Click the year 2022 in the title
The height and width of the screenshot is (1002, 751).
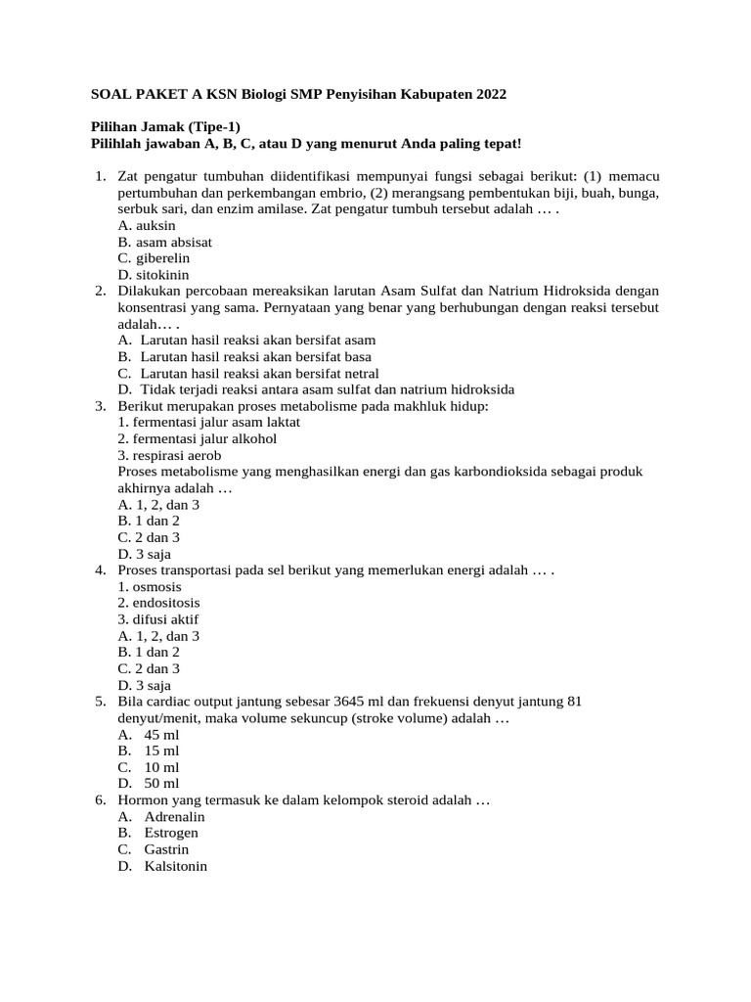[492, 94]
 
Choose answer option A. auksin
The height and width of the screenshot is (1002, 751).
[146, 225]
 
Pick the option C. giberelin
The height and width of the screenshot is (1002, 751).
[153, 258]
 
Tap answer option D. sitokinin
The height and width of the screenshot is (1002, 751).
[154, 275]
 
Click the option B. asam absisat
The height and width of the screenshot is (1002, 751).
[164, 242]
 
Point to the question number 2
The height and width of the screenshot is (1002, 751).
[101, 291]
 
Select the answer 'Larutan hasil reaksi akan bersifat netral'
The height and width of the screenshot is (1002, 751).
[259, 373]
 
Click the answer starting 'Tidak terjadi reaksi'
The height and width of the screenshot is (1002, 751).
[327, 389]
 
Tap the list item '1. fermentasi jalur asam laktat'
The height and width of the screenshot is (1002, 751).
[208, 422]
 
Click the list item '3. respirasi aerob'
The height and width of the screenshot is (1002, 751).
[169, 455]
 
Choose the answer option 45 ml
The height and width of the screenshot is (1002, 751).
[161, 734]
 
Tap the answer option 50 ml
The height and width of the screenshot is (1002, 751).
[161, 784]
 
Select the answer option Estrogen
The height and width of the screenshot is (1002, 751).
[171, 833]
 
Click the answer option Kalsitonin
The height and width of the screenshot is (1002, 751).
[176, 866]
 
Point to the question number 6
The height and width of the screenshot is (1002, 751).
[101, 800]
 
